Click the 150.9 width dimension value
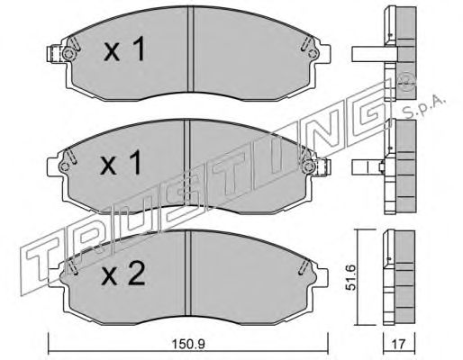coord(188,344)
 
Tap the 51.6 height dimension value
coord(350,277)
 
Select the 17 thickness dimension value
coord(399,344)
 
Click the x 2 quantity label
coord(123,273)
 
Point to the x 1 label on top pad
coord(124,49)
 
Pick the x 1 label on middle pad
coord(121,163)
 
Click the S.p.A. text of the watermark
coord(422,108)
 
